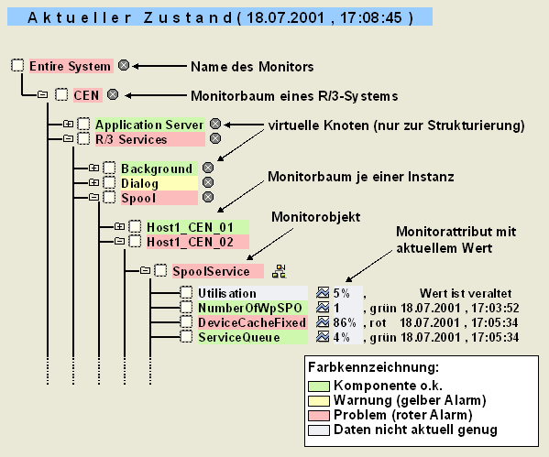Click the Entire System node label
(x=70, y=66)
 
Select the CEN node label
(x=85, y=93)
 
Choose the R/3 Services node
(x=131, y=139)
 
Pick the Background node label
(x=157, y=169)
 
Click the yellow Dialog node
(x=139, y=183)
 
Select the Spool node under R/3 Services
(x=137, y=198)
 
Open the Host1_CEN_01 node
(x=183, y=226)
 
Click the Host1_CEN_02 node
(x=183, y=241)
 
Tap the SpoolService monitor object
(x=211, y=270)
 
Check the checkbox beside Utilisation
(x=186, y=293)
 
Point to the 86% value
(x=343, y=322)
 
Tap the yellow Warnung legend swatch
(x=319, y=400)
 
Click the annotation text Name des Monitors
(x=251, y=67)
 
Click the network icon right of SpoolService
(x=280, y=270)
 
